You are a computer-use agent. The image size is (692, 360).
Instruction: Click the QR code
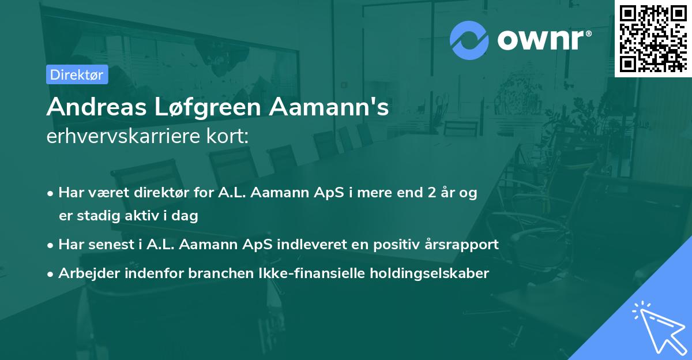pyautogui.click(x=653, y=39)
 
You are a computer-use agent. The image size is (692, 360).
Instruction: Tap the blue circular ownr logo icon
pyautogui.click(x=469, y=40)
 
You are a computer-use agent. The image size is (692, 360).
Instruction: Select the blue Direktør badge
pyautogui.click(x=77, y=74)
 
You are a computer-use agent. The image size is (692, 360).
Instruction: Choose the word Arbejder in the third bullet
pyautogui.click(x=84, y=273)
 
